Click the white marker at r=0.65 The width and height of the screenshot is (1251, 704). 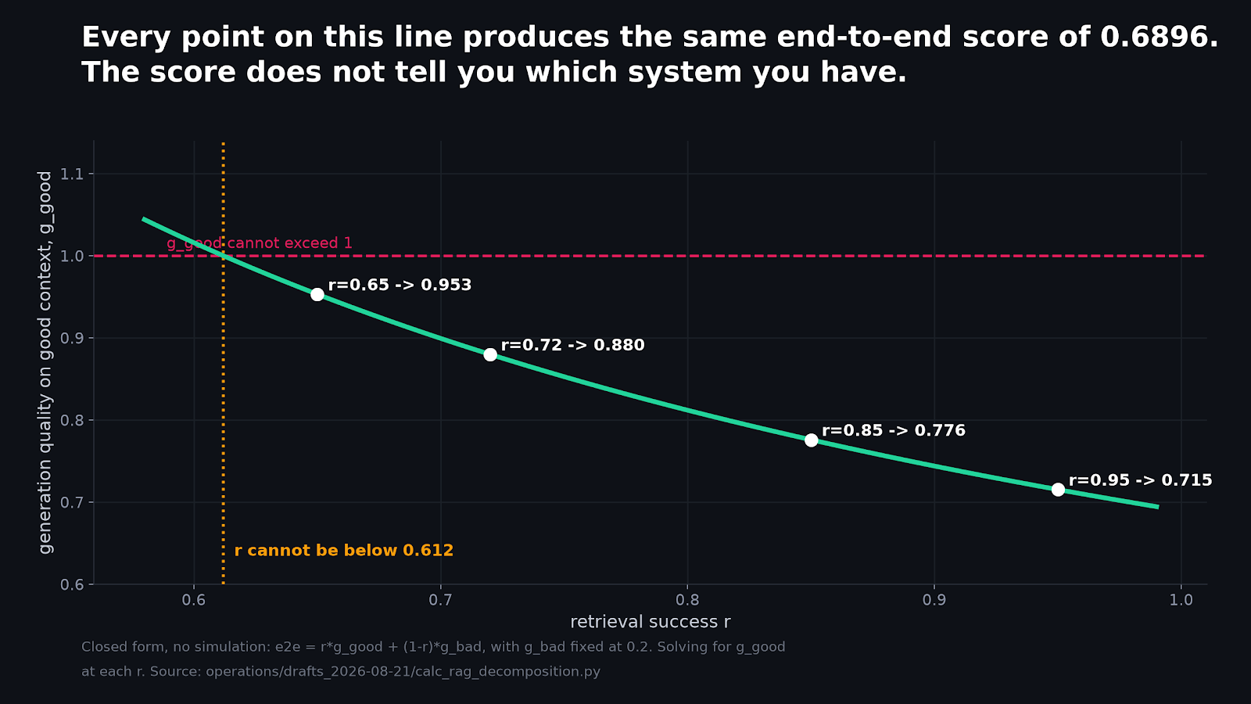pyautogui.click(x=317, y=294)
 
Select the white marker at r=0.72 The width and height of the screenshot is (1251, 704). pyautogui.click(x=489, y=355)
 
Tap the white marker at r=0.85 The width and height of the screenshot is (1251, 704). pyautogui.click(x=811, y=440)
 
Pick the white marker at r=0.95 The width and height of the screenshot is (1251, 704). pyautogui.click(x=1058, y=490)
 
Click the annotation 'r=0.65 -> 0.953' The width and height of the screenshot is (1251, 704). pyautogui.click(x=400, y=285)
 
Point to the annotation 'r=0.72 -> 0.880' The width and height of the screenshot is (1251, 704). pyautogui.click(x=573, y=345)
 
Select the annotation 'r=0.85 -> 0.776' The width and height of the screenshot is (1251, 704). pyautogui.click(x=894, y=430)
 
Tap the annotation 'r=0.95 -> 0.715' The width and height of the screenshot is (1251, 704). pyautogui.click(x=1141, y=480)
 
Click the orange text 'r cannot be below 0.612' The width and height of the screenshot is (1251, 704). pyautogui.click(x=344, y=551)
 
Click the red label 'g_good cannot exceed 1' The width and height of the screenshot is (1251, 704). pyautogui.click(x=260, y=243)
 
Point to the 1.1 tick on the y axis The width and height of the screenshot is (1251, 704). pyautogui.click(x=71, y=174)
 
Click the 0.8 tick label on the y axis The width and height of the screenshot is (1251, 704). pyautogui.click(x=71, y=420)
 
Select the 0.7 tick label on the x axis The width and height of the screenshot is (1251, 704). pyautogui.click(x=441, y=600)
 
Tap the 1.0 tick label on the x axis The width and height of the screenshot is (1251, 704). pyautogui.click(x=1181, y=600)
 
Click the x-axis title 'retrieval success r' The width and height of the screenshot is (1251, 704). pyautogui.click(x=650, y=622)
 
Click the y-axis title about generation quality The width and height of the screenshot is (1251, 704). pyautogui.click(x=45, y=363)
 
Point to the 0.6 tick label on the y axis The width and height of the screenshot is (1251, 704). pyautogui.click(x=71, y=584)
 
